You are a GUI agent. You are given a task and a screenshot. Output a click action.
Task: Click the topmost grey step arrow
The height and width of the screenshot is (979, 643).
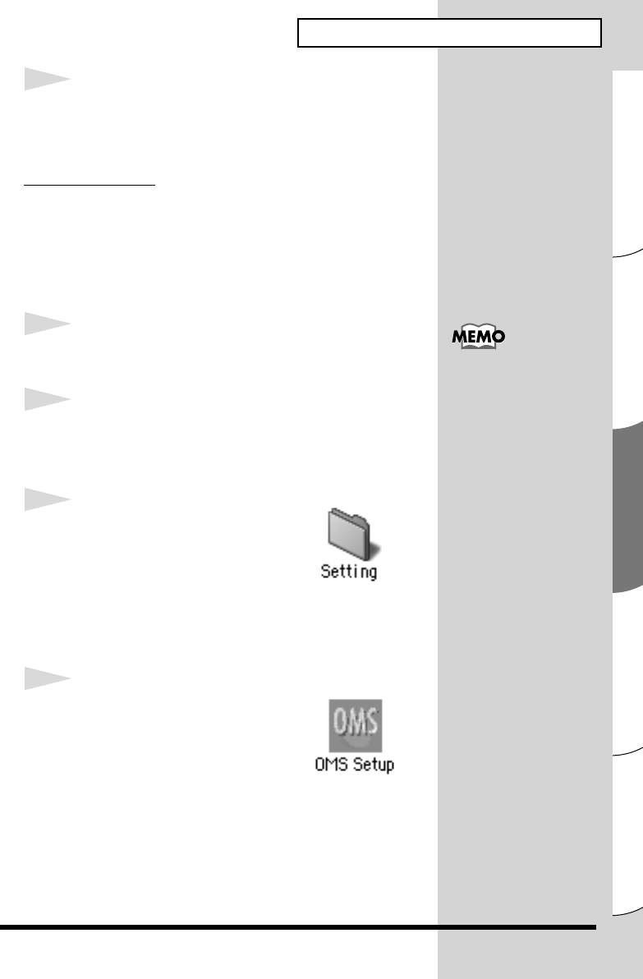coord(46,80)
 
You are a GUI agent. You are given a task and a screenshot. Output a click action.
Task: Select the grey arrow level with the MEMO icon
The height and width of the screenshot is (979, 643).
coord(46,326)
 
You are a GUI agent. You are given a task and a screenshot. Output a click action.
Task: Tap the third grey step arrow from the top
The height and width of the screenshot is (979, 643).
coord(46,400)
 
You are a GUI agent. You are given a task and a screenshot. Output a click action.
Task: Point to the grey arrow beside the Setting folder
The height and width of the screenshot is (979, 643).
coord(46,500)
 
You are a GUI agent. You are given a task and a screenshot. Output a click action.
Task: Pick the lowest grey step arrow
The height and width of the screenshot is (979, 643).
coord(46,683)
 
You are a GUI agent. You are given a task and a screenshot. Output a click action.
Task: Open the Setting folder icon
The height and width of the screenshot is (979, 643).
coord(348,535)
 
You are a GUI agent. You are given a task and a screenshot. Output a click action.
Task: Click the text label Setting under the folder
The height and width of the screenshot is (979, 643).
coord(348,572)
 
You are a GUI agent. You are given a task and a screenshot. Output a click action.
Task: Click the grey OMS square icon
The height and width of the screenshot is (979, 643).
coord(355,725)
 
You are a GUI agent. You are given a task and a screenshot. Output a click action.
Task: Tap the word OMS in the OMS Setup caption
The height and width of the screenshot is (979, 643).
coord(329,765)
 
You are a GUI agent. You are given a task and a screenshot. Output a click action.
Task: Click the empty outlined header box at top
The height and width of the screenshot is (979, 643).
coord(449,34)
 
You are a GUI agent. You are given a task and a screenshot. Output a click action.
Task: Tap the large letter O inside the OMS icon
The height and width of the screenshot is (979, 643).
coord(337,723)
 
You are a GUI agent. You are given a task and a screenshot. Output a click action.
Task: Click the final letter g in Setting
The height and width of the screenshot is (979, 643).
coord(372,573)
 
